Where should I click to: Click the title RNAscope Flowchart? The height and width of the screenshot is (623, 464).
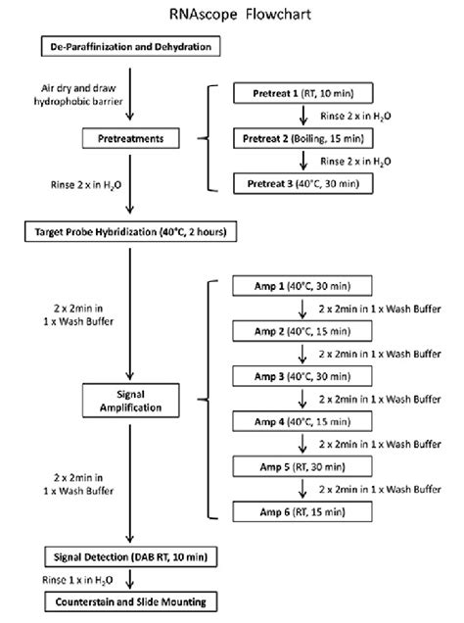tap(232, 15)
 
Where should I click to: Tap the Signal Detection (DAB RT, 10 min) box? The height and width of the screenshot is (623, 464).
tap(129, 557)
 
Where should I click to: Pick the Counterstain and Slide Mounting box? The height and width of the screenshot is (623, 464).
tap(129, 601)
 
